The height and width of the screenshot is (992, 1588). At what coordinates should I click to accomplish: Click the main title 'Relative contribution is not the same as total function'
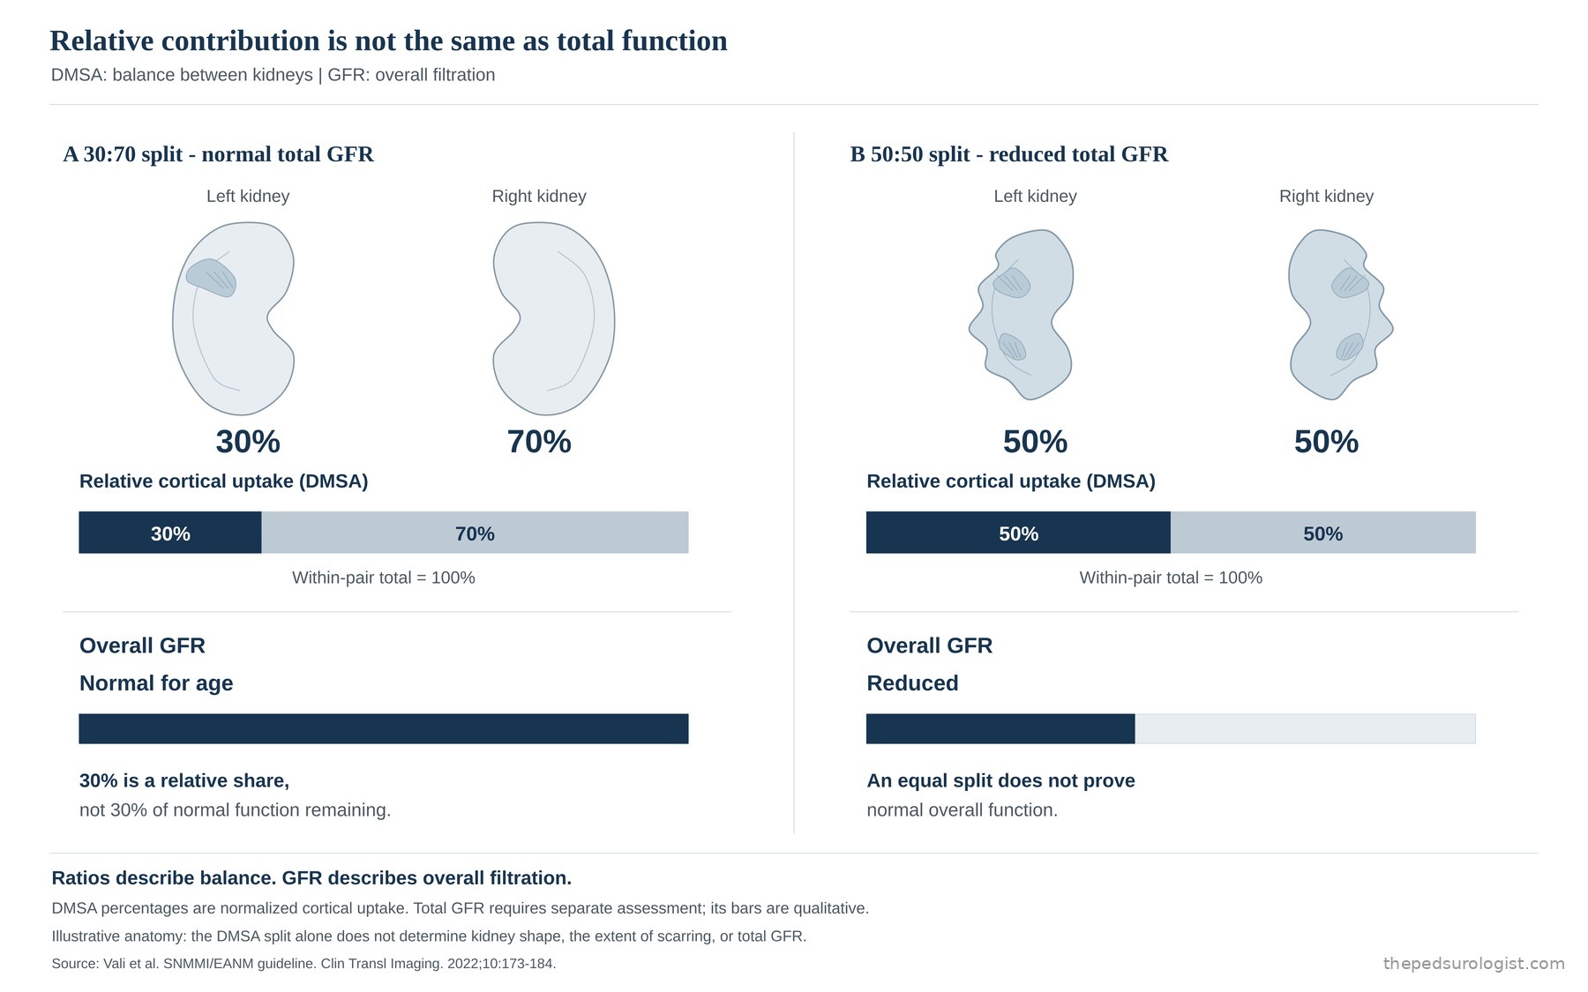(388, 41)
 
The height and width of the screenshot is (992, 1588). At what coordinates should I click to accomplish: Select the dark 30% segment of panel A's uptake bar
(170, 533)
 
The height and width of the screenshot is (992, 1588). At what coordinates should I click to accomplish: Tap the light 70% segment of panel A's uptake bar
(475, 533)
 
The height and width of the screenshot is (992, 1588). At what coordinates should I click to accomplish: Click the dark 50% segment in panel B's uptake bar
(1018, 533)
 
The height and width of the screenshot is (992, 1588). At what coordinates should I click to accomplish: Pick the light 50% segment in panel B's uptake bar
(1323, 533)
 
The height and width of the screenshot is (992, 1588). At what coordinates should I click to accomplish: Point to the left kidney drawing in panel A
(233, 318)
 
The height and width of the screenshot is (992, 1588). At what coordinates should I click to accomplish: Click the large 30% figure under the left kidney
(248, 442)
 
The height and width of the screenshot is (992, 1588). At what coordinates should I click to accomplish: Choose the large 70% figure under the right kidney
(539, 442)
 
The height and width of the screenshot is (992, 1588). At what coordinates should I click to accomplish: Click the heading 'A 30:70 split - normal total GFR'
(219, 154)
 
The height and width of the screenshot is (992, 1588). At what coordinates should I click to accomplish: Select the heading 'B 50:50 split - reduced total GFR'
(1009, 154)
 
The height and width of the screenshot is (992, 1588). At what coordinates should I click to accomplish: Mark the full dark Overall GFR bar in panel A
(384, 728)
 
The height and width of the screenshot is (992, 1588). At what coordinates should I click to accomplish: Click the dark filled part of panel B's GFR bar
(1000, 728)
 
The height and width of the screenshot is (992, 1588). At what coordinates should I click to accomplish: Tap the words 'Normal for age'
(156, 683)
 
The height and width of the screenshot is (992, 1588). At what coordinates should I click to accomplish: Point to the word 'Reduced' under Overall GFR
(912, 683)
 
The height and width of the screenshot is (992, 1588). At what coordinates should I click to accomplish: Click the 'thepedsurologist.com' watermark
(1473, 964)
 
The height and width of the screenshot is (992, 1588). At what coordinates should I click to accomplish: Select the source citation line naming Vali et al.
(303, 964)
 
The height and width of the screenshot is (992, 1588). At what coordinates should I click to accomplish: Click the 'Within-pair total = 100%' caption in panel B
(1171, 578)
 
